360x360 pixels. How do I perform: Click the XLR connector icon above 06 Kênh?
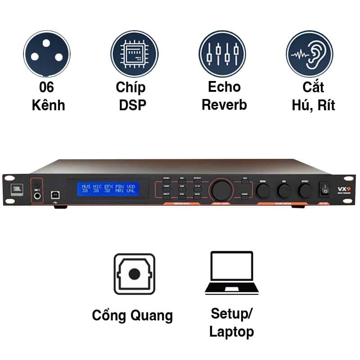tap(47, 54)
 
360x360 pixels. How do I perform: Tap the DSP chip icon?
tap(134, 54)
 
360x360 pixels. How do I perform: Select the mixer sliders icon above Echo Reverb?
tap(222, 54)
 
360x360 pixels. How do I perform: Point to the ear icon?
tap(310, 54)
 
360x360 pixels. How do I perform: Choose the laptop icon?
tap(231, 273)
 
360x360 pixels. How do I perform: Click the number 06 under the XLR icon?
tap(47, 87)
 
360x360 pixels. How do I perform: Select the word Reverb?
tap(224, 105)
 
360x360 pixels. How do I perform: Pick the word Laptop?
tap(231, 332)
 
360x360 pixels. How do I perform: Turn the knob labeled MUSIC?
tap(263, 190)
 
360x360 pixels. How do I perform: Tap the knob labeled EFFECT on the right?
tap(305, 190)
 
